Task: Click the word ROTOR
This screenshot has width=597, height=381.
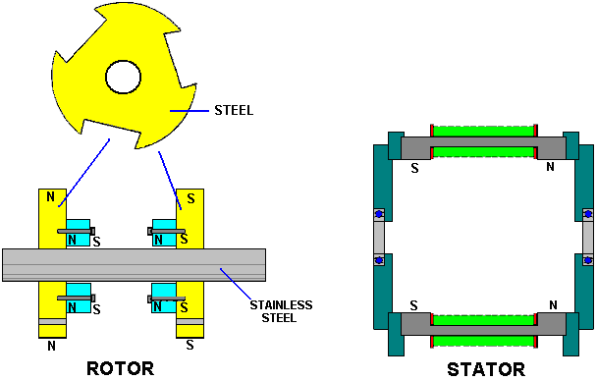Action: [121, 368]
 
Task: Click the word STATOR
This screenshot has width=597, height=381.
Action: [486, 369]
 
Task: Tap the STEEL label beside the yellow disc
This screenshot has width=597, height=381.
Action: [234, 110]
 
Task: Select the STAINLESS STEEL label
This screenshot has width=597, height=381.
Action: [281, 311]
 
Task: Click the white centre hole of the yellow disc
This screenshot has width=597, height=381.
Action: [124, 77]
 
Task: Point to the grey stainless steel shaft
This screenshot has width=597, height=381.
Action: [134, 265]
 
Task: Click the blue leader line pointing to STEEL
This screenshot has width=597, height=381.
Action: [190, 111]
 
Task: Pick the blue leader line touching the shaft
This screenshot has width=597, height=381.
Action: [236, 284]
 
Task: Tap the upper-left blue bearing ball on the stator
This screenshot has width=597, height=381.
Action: [379, 214]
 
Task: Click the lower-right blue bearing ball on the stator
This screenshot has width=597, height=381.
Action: [588, 261]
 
